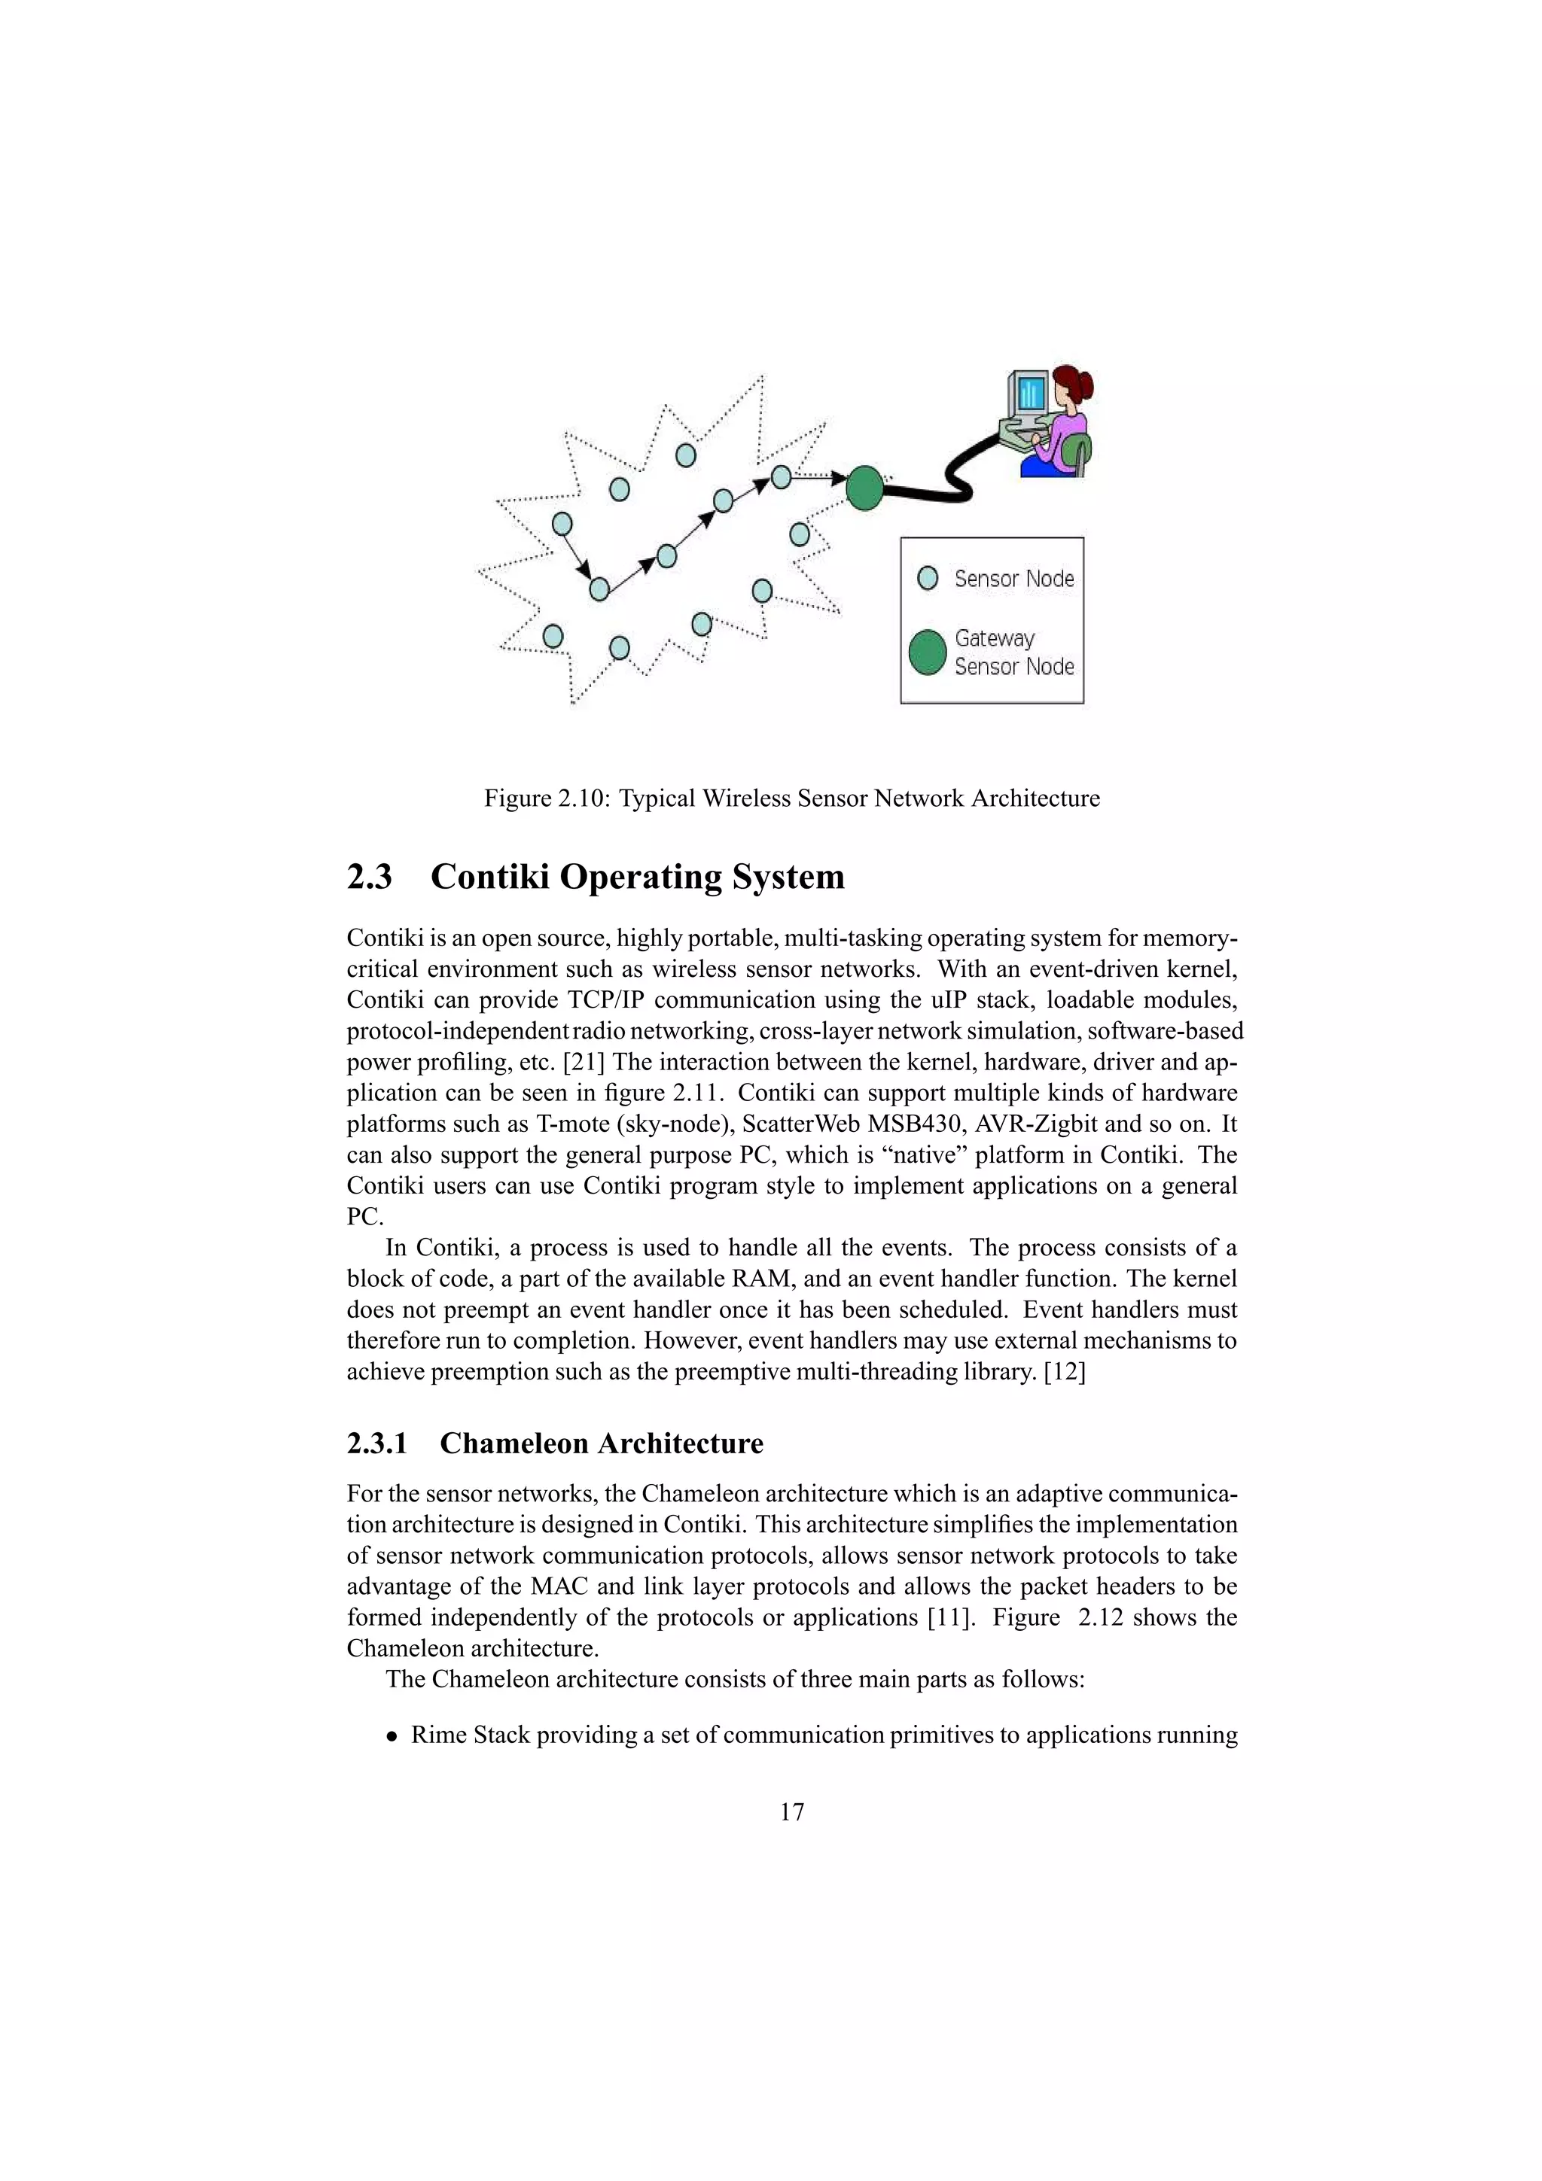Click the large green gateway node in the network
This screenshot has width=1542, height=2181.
click(x=864, y=488)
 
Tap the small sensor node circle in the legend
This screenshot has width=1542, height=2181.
click(x=928, y=577)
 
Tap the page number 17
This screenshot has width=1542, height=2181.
click(x=791, y=1812)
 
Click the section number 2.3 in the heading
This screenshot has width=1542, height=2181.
click(x=369, y=877)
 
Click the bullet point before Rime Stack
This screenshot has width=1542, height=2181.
click(x=392, y=1736)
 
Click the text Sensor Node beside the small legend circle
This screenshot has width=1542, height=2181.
click(x=1013, y=579)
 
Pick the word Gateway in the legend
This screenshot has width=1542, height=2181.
click(x=994, y=638)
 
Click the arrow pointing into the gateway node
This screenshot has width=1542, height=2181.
click(x=836, y=478)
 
